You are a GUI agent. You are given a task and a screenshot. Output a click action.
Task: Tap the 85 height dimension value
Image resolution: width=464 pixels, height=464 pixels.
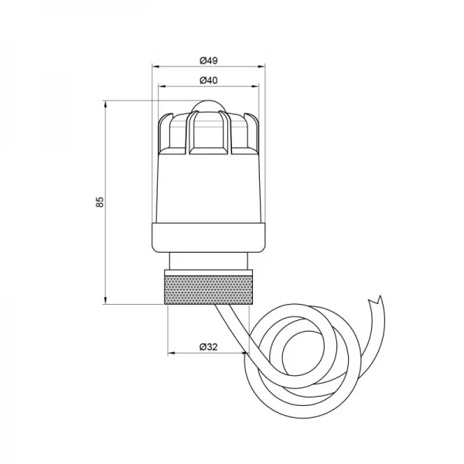pos(100,202)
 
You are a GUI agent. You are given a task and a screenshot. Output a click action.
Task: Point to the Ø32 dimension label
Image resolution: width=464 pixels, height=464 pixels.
pos(206,347)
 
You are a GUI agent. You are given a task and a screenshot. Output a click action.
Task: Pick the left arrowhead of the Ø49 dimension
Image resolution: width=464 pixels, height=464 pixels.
pos(152,67)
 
